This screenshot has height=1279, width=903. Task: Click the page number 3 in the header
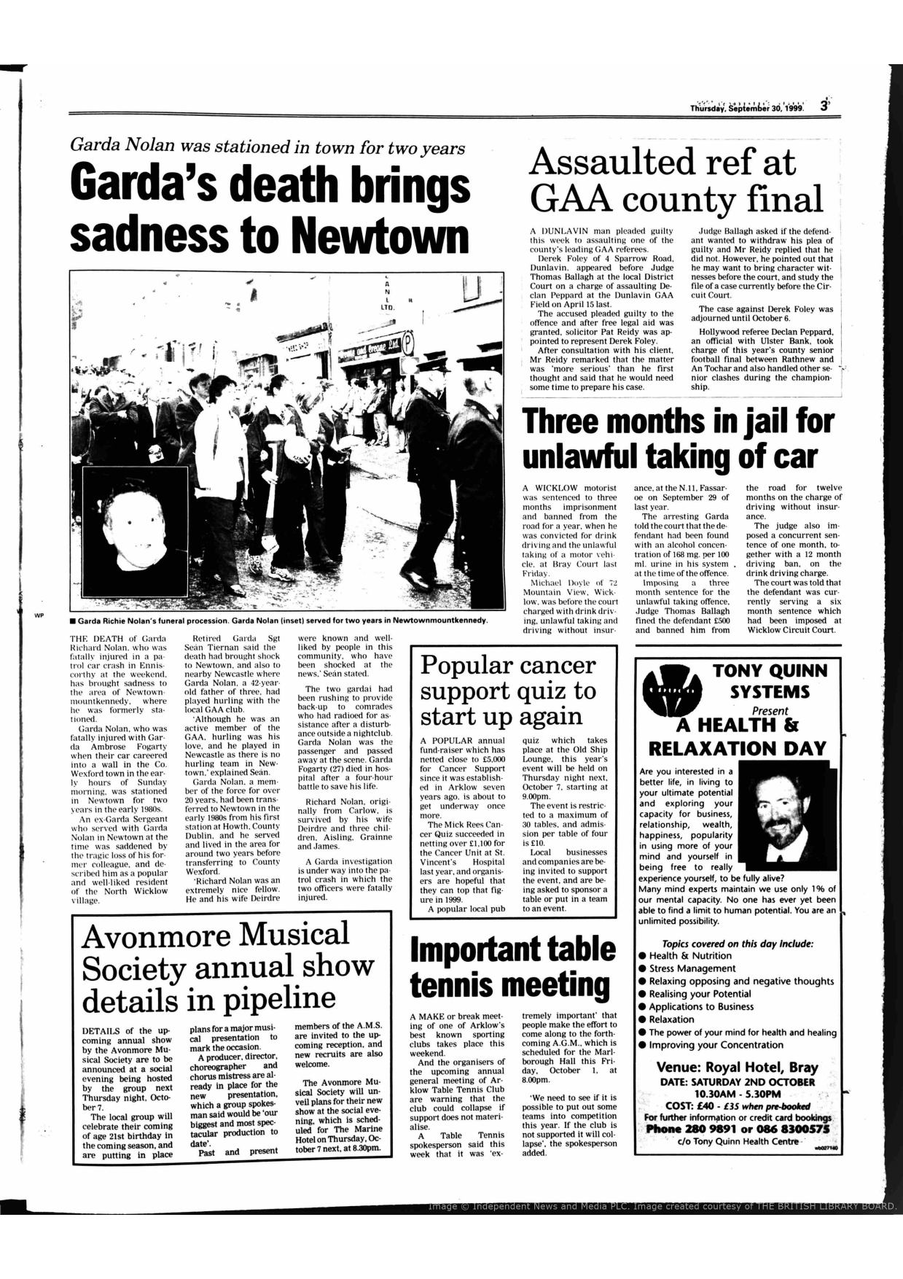click(x=824, y=105)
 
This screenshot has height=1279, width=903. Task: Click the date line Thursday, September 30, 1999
click(x=747, y=107)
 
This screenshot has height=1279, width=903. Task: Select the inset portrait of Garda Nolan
click(x=135, y=521)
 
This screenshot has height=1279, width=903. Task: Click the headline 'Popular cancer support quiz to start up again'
click(x=509, y=690)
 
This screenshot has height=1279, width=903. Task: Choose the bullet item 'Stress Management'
click(x=692, y=968)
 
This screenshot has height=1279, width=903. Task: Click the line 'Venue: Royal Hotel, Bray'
click(x=737, y=1067)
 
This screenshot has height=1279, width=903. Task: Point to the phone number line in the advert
click(x=737, y=1129)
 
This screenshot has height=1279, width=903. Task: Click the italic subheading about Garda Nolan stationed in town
click(x=267, y=147)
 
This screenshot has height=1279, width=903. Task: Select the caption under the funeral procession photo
click(x=277, y=621)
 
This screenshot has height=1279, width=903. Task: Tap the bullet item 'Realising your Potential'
click(x=699, y=994)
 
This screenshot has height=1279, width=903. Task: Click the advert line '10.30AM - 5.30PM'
click(x=737, y=1094)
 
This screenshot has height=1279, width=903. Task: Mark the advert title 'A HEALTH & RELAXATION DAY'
click(x=737, y=736)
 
